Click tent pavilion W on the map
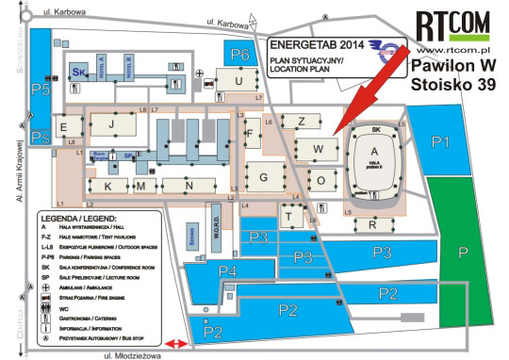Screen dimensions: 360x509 point(319,149)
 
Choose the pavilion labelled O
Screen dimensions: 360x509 point(321,179)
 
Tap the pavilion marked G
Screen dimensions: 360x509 point(265,176)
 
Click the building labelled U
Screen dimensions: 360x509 point(239,82)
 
